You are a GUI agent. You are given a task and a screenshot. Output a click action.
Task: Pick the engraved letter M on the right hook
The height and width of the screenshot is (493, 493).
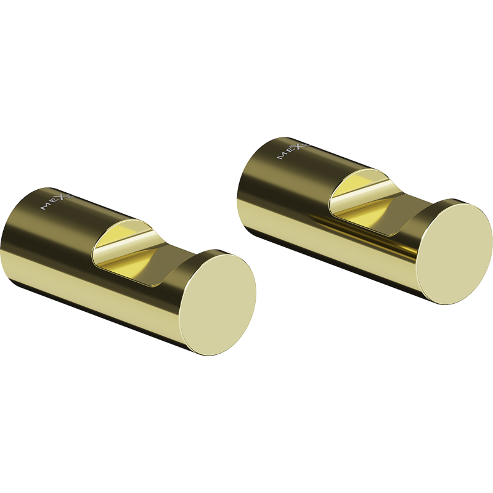(x=282, y=156)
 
